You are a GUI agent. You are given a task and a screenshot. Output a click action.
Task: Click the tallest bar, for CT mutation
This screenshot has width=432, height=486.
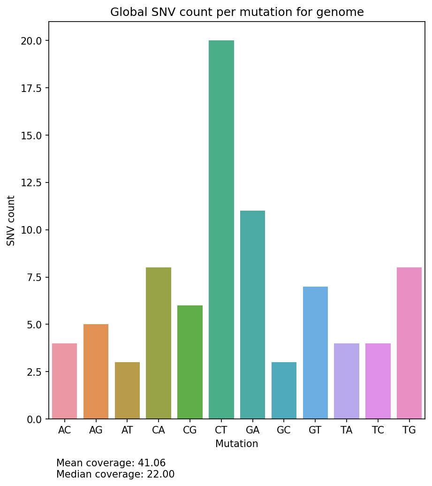(221, 229)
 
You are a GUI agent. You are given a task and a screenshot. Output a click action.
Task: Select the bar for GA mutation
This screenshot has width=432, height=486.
(252, 314)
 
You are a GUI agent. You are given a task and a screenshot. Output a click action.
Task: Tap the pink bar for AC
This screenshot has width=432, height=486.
(65, 381)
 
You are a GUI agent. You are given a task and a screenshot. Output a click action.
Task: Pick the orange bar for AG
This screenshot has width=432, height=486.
(96, 371)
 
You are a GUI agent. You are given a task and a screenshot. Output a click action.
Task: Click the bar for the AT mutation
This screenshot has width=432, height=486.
(127, 390)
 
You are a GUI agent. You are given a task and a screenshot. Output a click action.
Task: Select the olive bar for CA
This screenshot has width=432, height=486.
(159, 343)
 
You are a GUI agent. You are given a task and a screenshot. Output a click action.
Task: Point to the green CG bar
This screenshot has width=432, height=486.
(190, 362)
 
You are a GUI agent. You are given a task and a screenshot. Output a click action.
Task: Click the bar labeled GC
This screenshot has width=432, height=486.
(284, 390)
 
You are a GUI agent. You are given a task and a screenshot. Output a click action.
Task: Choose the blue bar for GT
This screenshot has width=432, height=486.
(315, 352)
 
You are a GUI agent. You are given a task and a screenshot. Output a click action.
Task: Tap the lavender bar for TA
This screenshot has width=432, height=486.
(347, 381)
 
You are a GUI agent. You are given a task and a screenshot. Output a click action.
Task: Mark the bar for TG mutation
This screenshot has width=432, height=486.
(409, 343)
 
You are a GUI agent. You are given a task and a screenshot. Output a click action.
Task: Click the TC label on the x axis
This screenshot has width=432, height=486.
(378, 431)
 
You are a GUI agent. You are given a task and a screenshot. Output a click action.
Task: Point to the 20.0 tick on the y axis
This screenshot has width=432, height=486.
(32, 41)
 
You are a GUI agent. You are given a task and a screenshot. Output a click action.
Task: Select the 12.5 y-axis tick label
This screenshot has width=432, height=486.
(32, 182)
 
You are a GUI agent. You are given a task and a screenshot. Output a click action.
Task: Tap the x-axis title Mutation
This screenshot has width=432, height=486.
(237, 444)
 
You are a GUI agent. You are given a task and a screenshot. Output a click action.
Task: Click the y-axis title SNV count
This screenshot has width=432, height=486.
(11, 220)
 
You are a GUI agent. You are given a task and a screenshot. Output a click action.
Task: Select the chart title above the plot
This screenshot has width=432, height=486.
(237, 12)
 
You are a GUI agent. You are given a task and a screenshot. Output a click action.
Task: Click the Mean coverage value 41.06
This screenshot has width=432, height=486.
(152, 463)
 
